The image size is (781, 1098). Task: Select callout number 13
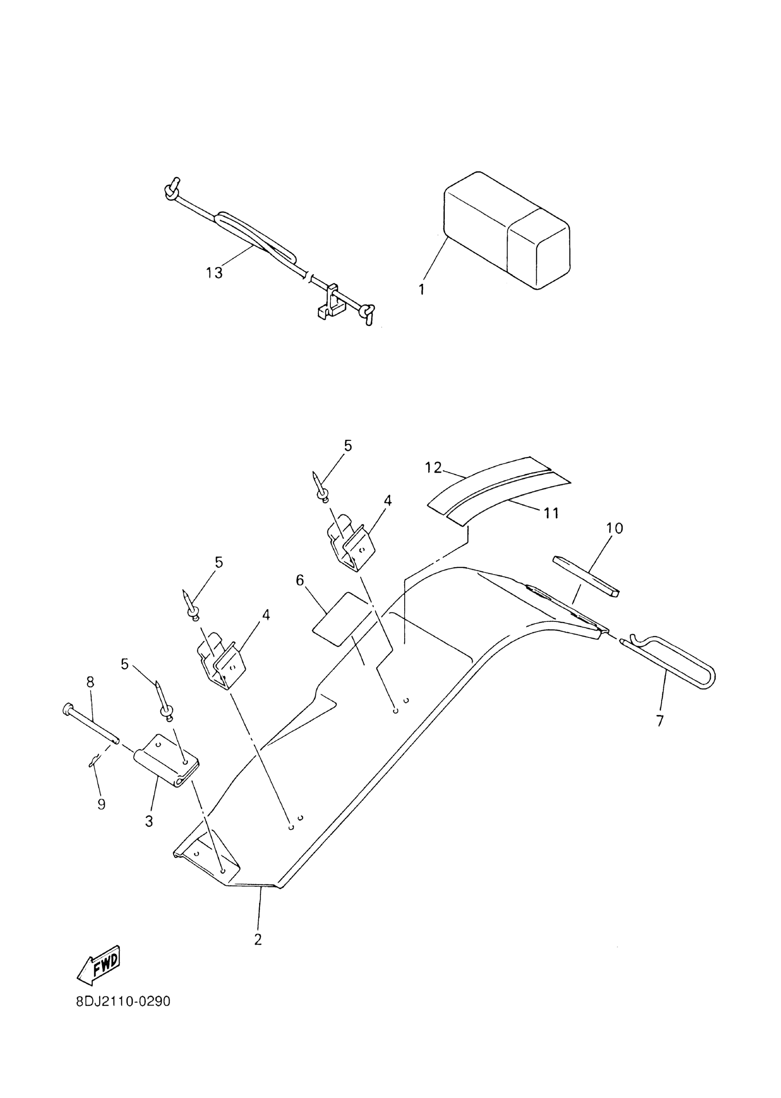(x=215, y=273)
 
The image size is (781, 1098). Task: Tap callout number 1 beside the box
(x=422, y=290)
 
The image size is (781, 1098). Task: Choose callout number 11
(x=551, y=513)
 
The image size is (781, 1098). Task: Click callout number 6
(x=300, y=581)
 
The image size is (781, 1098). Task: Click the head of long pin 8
(x=68, y=708)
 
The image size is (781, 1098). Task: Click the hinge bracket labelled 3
(x=166, y=761)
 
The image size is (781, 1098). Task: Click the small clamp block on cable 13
(x=330, y=305)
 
